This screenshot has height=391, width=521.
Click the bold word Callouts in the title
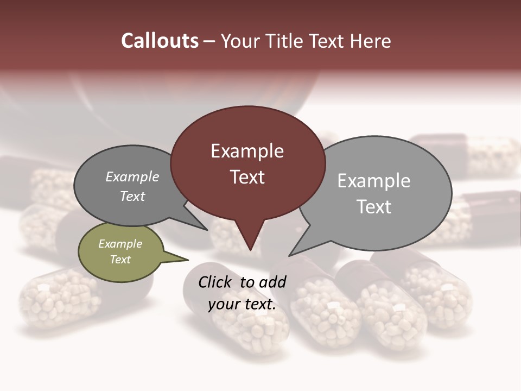[x=160, y=41]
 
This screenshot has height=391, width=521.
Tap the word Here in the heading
[x=371, y=41]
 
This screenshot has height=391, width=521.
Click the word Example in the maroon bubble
[x=247, y=151]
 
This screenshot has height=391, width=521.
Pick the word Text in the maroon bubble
[x=247, y=177]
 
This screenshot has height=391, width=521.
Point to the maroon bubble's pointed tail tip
[x=250, y=250]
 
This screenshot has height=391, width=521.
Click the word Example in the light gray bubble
[x=373, y=181]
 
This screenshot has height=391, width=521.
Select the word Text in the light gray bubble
[x=373, y=207]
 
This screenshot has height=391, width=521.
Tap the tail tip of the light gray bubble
[x=289, y=255]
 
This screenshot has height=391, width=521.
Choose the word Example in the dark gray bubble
[x=132, y=176]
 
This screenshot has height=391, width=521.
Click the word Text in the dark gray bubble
[x=132, y=196]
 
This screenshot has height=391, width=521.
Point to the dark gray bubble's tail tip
[x=207, y=230]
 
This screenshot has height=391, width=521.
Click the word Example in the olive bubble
[x=120, y=244]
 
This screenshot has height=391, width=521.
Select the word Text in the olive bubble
[x=120, y=260]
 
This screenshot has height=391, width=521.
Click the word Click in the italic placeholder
[x=215, y=282]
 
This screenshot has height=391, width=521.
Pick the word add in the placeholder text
[x=272, y=282]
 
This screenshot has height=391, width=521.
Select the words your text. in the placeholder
[x=242, y=304]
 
